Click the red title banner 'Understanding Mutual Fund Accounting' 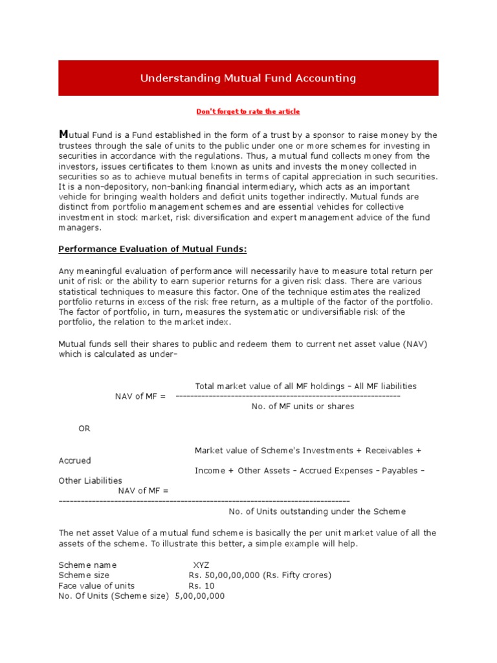[248, 78]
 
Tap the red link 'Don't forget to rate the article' [248, 111]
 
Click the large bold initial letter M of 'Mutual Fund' [63, 135]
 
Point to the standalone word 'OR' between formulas [84, 429]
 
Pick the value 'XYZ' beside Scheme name [201, 565]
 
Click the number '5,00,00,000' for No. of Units [200, 596]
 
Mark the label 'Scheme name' [87, 565]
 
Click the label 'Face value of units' [96, 585]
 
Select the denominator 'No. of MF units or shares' [302, 406]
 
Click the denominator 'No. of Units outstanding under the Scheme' [317, 511]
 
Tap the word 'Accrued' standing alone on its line [74, 460]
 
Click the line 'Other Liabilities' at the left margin [90, 480]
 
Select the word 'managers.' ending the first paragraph [80, 228]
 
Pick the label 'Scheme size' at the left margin [83, 575]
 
